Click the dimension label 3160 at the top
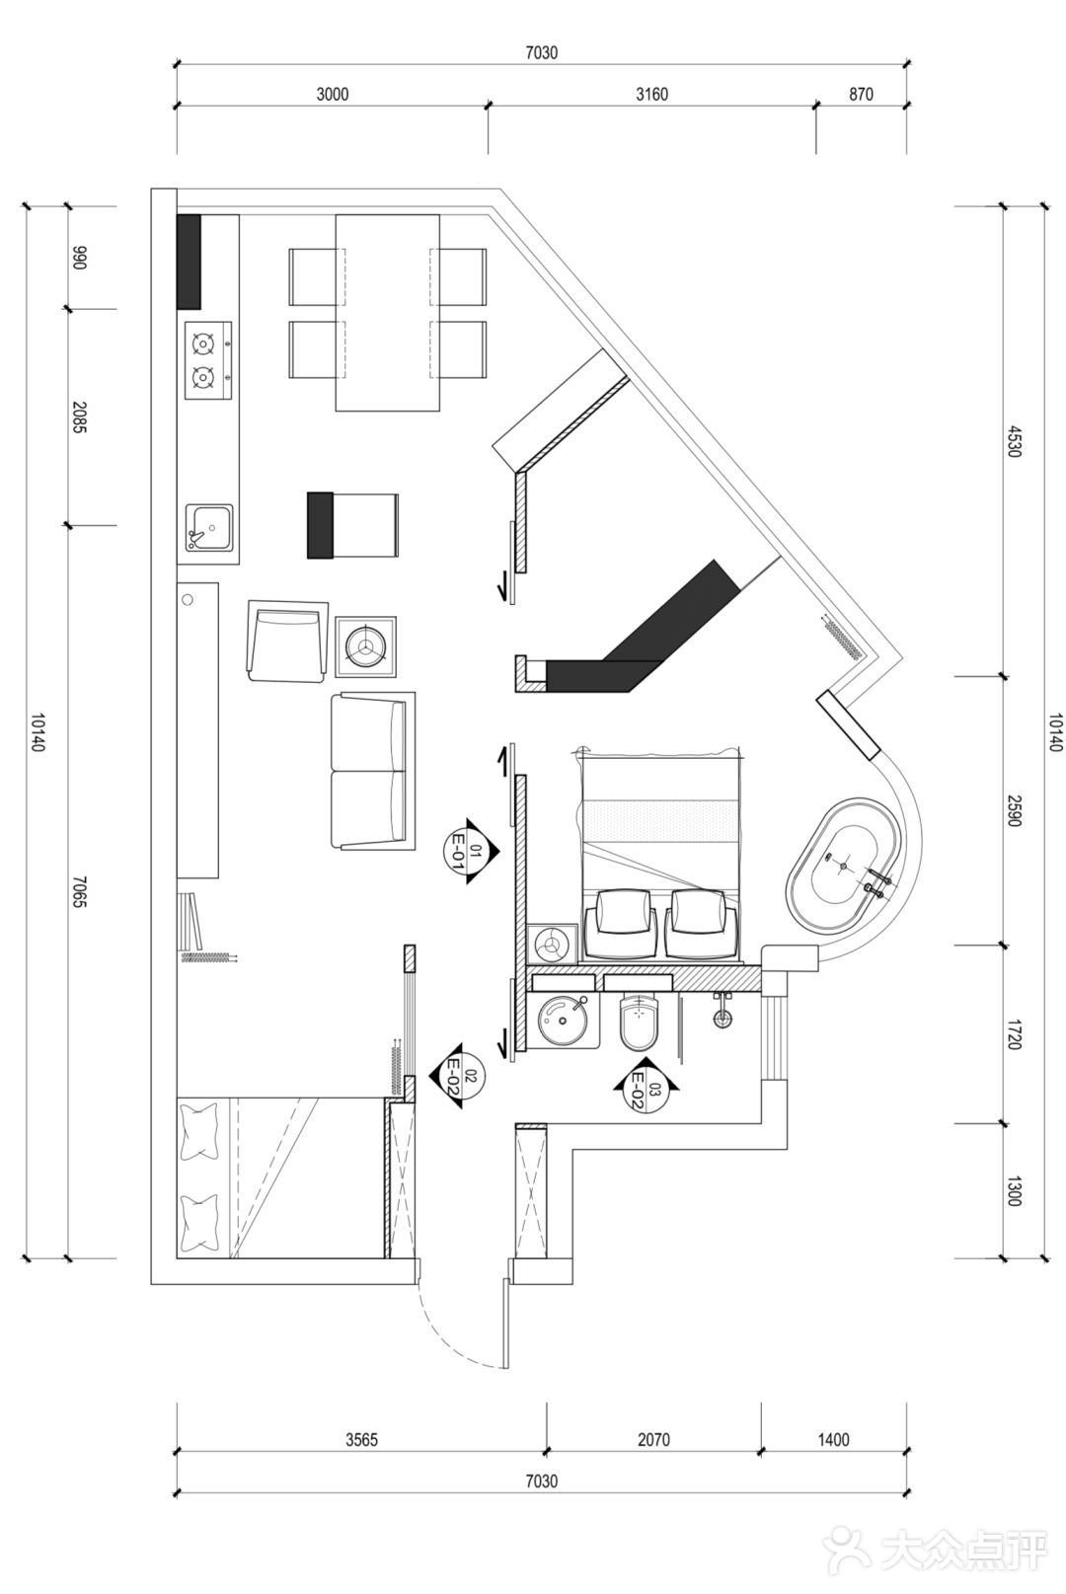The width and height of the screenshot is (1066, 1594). [x=651, y=94]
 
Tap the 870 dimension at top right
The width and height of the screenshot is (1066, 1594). [x=861, y=94]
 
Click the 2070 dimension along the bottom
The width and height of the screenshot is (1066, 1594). [x=653, y=1440]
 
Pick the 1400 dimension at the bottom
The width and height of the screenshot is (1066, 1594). [x=833, y=1440]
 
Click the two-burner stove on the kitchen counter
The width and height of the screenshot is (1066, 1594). [x=208, y=360]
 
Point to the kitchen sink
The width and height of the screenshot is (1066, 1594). [x=209, y=527]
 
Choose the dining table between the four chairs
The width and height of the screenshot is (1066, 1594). [x=388, y=313]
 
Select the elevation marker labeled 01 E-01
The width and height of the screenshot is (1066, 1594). [x=472, y=851]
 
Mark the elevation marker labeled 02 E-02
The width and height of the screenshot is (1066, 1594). [x=457, y=1075]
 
